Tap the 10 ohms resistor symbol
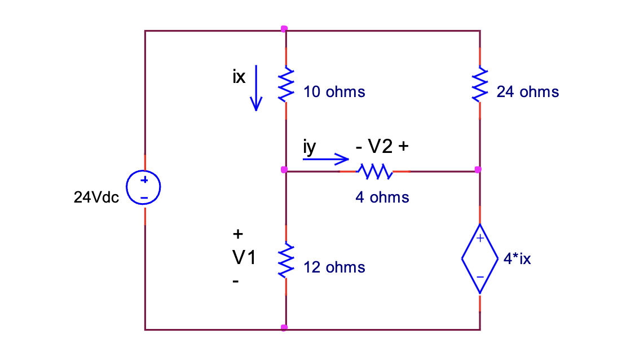click(x=286, y=85)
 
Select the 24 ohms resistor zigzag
click(x=479, y=85)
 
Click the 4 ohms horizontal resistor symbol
click(x=374, y=171)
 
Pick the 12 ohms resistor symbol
click(x=286, y=260)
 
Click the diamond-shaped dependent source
click(x=480, y=258)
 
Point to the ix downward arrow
click(x=256, y=87)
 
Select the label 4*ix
click(x=517, y=260)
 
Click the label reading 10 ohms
click(x=334, y=92)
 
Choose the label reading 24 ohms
click(x=527, y=92)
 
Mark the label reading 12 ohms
click(x=334, y=267)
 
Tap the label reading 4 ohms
click(x=382, y=197)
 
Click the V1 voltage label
click(x=244, y=258)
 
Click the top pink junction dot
click(x=284, y=28)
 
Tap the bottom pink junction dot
click(x=284, y=328)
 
